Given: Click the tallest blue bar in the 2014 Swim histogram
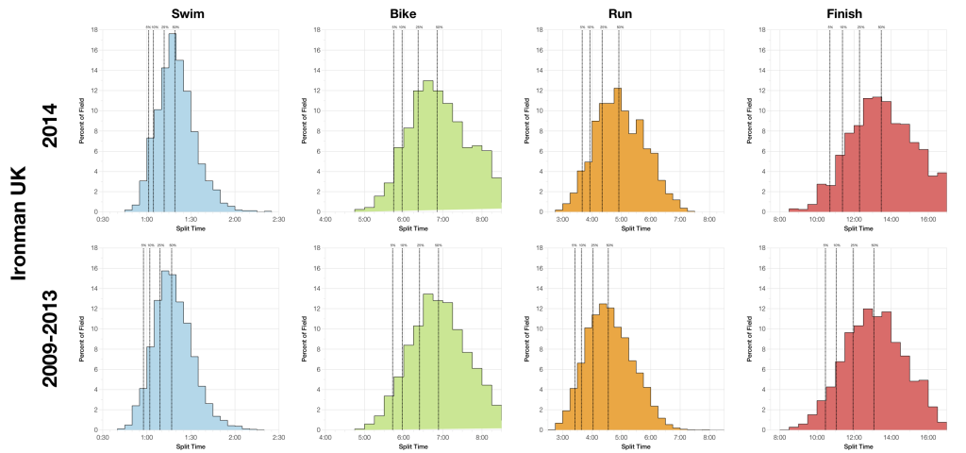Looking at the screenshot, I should tap(172, 123).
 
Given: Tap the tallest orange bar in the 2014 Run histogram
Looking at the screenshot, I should tap(617, 151).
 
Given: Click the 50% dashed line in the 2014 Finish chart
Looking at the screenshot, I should tap(881, 123).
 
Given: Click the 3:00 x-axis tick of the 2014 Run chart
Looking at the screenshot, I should tap(563, 219).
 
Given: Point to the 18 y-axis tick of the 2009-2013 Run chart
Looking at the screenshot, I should tap(538, 248).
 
